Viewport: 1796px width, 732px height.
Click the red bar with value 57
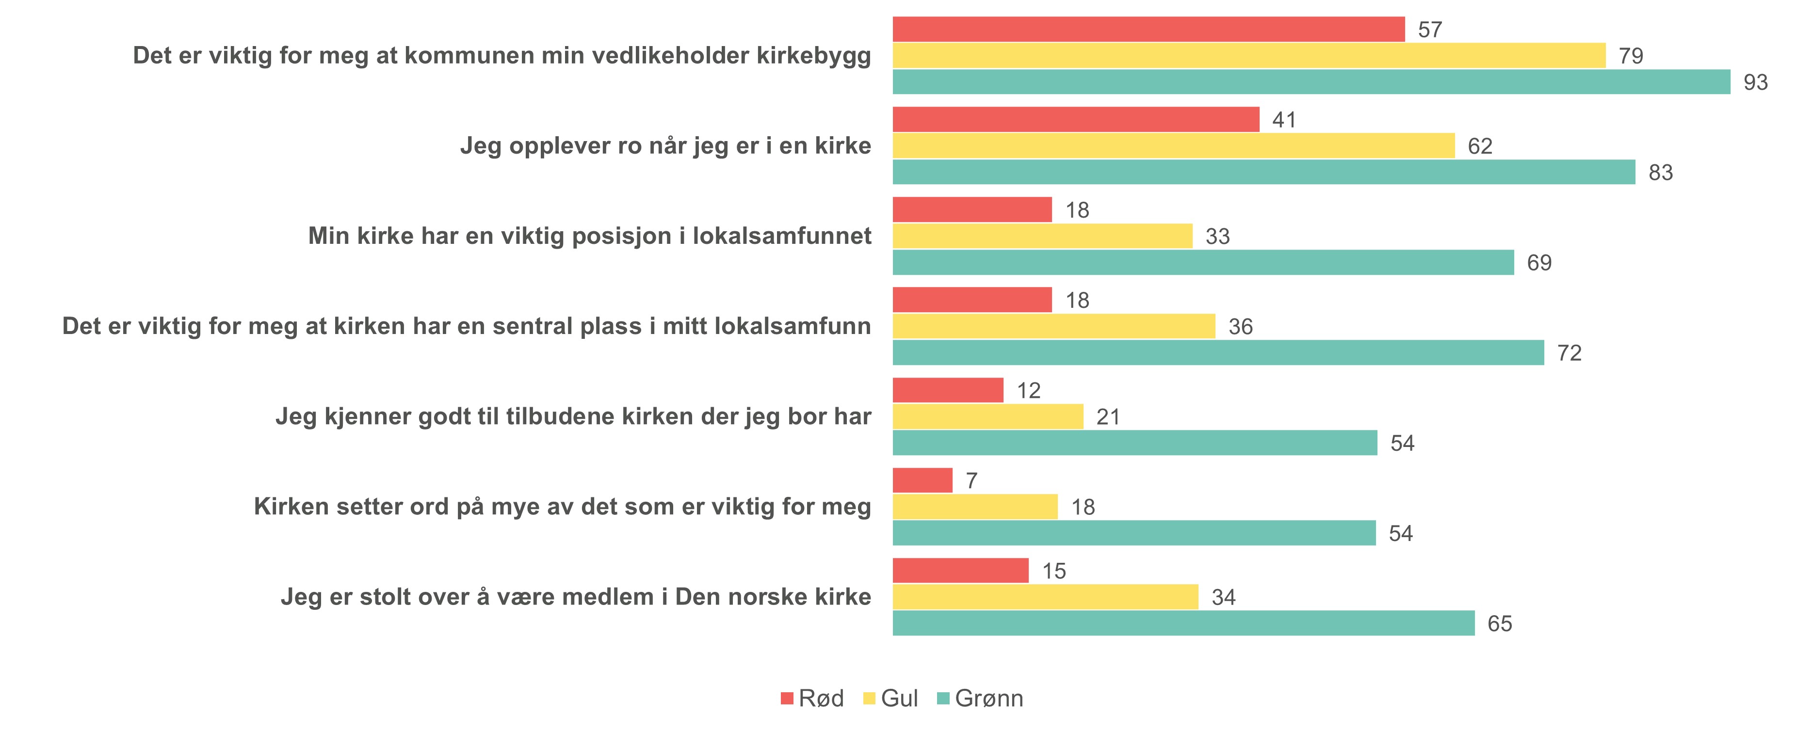click(x=1149, y=29)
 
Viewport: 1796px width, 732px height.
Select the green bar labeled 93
click(x=1311, y=81)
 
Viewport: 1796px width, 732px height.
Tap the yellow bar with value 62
click(x=1173, y=146)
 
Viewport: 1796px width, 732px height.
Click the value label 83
click(x=1660, y=172)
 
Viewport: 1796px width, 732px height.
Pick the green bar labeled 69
click(x=1203, y=262)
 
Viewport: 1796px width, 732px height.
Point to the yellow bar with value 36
click(x=1053, y=326)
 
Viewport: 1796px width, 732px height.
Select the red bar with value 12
click(x=948, y=390)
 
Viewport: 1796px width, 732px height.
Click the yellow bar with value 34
click(x=1045, y=597)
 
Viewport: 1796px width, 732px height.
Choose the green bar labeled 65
click(x=1183, y=623)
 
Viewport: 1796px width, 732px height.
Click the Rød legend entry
click(x=812, y=698)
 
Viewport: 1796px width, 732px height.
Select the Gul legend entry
click(x=890, y=698)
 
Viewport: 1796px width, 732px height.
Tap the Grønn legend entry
click(x=980, y=698)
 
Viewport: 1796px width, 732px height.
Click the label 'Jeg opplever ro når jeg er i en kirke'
click(x=665, y=146)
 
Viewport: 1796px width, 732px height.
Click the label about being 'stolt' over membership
click(x=576, y=597)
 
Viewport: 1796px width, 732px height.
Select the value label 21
click(x=1108, y=417)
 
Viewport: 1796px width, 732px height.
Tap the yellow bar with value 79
click(x=1249, y=56)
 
